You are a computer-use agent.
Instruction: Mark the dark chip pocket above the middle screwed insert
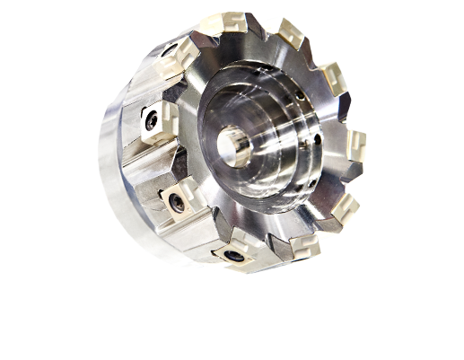coord(171,166)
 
